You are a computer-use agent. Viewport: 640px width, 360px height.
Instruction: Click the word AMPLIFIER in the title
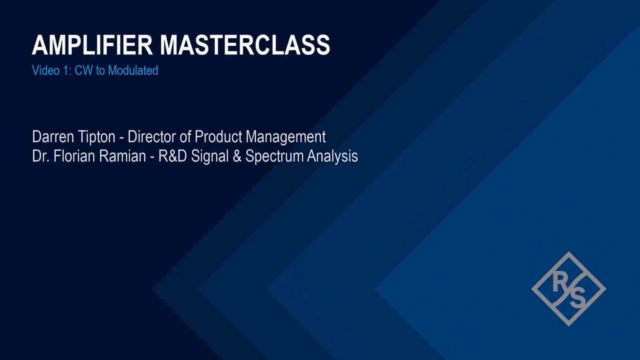click(x=92, y=45)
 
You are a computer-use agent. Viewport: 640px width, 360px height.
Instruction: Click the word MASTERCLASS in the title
click(x=245, y=45)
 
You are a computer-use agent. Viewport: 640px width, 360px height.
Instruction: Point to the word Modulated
click(x=133, y=70)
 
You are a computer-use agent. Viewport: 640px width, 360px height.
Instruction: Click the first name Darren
click(x=52, y=136)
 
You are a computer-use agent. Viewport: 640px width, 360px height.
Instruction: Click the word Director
click(x=152, y=136)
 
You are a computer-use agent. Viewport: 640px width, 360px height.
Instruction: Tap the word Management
click(x=285, y=137)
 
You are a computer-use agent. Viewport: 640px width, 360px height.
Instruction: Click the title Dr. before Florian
click(x=39, y=156)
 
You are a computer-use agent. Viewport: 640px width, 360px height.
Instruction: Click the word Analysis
click(x=332, y=156)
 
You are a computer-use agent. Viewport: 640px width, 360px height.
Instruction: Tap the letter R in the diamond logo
click(x=559, y=283)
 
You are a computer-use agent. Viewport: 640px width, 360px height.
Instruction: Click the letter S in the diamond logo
click(x=577, y=298)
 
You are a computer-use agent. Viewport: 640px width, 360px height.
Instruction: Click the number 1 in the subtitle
click(x=65, y=70)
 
